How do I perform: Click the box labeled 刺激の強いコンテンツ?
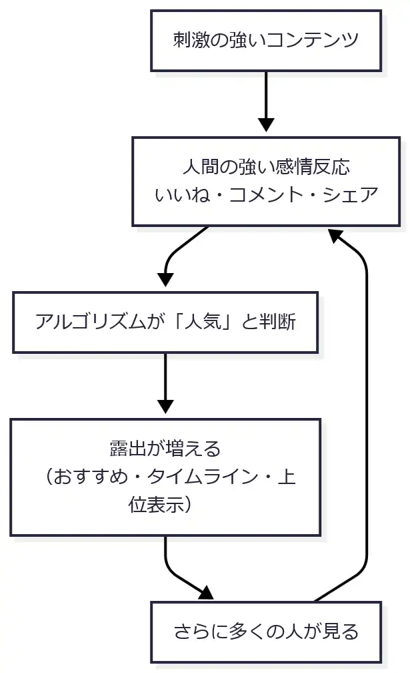(x=265, y=40)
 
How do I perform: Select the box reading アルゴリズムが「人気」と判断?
(x=165, y=322)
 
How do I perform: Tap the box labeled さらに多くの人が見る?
(x=265, y=631)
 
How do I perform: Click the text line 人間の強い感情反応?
(x=266, y=166)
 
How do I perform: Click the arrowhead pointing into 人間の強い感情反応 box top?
(x=266, y=126)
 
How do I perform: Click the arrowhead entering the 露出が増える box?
(x=165, y=407)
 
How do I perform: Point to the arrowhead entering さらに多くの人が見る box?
(x=207, y=593)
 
